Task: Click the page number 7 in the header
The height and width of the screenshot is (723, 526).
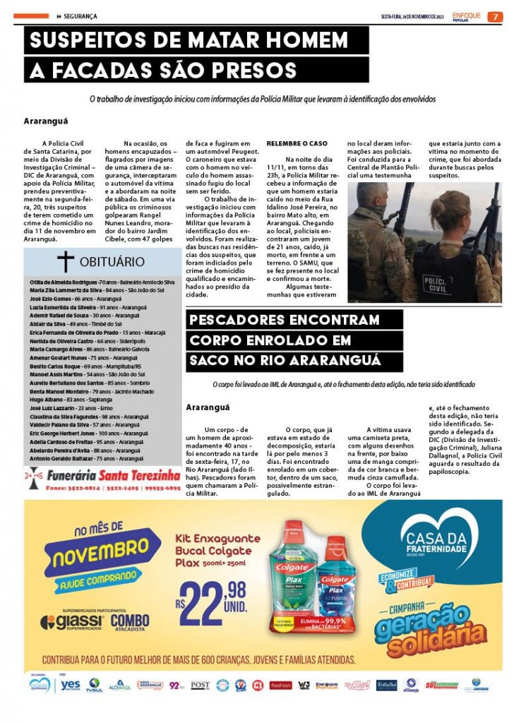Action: (496, 16)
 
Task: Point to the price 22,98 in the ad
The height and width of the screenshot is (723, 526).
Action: (213, 594)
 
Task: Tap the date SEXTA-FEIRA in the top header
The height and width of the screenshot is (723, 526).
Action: (392, 16)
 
